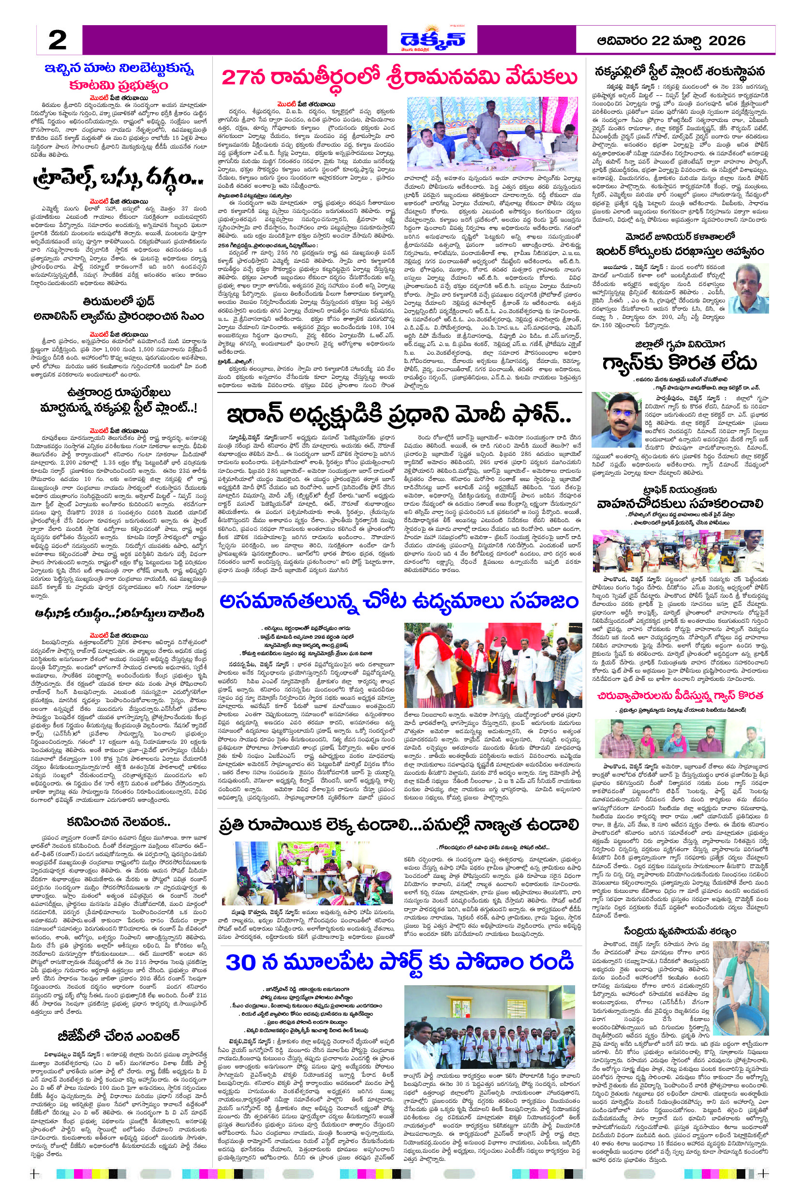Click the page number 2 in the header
(x=58, y=40)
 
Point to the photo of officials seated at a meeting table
(x=493, y=133)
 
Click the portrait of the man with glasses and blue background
(x=616, y=420)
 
